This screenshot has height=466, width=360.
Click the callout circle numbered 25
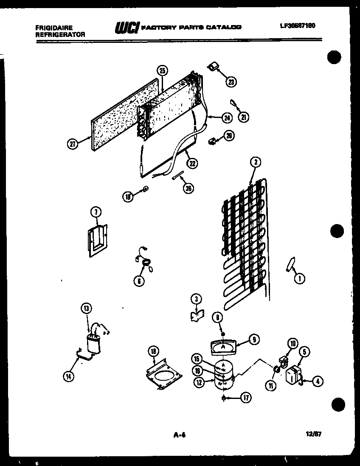[x=161, y=71]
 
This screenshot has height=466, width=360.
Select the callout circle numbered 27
[x=73, y=144]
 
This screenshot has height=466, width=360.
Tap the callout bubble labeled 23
[x=231, y=81]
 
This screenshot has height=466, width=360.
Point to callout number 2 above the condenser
[x=255, y=162]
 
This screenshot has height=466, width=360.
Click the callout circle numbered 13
[x=86, y=309]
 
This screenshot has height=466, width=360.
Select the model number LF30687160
[x=297, y=25]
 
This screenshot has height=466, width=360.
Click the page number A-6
[x=180, y=435]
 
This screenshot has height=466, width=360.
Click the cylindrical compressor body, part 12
[x=224, y=376]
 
